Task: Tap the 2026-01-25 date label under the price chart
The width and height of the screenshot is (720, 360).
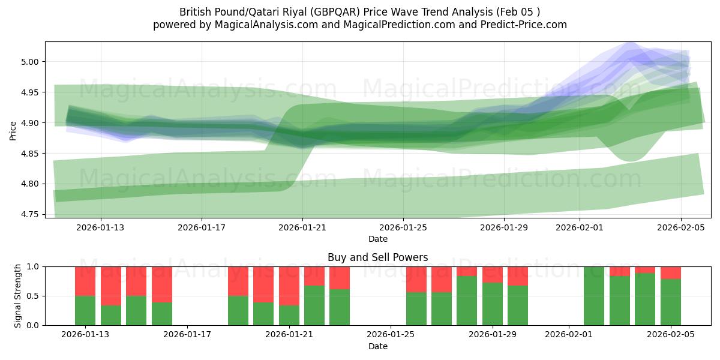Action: [x=403, y=227]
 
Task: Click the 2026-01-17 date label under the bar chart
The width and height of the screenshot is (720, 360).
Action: [x=188, y=335]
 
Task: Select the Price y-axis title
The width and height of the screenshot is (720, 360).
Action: [x=13, y=130]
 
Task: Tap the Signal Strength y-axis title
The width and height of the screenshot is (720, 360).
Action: [x=18, y=296]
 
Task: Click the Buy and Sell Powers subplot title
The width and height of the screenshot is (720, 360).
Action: [x=378, y=257]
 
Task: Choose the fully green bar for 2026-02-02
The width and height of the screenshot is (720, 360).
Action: [x=594, y=296]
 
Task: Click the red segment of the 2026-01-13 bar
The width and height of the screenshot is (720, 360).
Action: [x=85, y=281]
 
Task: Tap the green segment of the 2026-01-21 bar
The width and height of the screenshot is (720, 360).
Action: [x=289, y=315]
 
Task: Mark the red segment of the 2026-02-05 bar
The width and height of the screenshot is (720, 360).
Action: [x=671, y=272]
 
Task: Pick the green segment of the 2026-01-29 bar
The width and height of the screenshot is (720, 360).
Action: [x=492, y=304]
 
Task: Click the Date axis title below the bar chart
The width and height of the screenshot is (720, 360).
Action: [x=378, y=346]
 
